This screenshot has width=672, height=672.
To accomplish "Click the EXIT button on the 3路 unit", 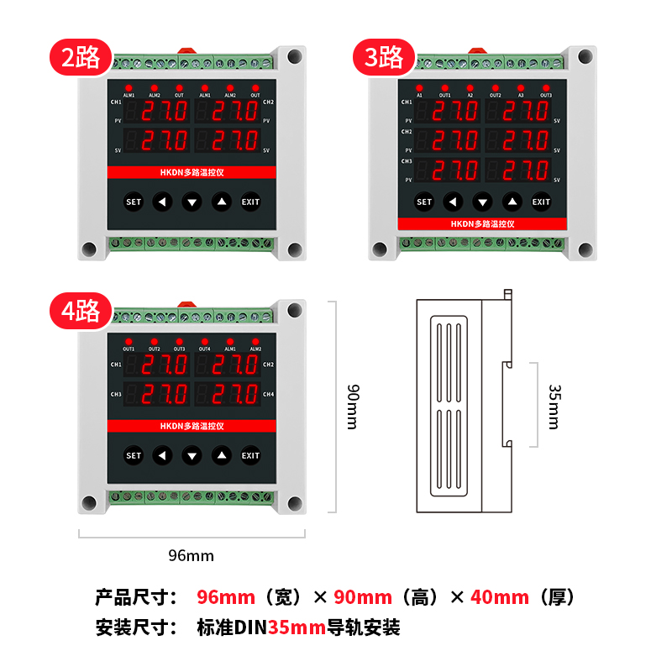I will [x=541, y=202].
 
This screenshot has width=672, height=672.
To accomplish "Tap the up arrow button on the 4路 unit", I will [x=221, y=456].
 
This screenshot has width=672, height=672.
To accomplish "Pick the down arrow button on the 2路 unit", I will [x=192, y=202].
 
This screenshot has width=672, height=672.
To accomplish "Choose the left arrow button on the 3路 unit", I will [x=453, y=202].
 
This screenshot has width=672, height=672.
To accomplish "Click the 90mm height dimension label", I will [x=353, y=407].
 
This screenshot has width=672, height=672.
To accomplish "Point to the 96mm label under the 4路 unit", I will [x=192, y=555].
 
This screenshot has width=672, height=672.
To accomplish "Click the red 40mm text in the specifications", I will [x=500, y=597].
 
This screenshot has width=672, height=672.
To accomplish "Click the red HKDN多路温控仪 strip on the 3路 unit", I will [x=482, y=224].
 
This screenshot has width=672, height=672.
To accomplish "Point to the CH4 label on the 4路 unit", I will [x=268, y=394].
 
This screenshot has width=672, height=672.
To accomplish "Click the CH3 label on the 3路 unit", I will [x=407, y=160].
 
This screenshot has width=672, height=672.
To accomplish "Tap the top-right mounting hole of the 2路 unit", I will [x=294, y=57].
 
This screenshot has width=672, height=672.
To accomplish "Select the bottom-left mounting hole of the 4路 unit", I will [x=88, y=504].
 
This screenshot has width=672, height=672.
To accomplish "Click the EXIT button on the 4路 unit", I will [x=250, y=456].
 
